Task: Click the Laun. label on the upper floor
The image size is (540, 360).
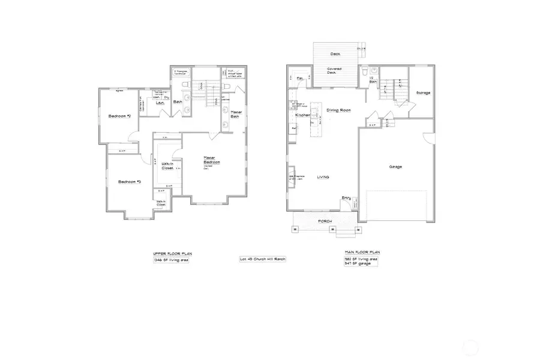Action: point(160,103)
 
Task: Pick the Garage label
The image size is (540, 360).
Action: point(395,167)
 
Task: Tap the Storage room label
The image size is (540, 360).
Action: point(423,93)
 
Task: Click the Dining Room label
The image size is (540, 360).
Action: point(338,110)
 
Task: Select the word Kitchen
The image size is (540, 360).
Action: point(302,115)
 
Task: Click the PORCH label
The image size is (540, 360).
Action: point(325,221)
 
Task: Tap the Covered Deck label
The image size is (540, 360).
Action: point(334,71)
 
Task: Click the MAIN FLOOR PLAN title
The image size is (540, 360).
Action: point(362,252)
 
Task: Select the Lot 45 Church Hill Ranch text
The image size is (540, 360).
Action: point(262,259)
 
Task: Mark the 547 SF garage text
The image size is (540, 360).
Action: point(359,263)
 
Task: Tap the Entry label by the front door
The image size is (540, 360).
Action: point(346,197)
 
